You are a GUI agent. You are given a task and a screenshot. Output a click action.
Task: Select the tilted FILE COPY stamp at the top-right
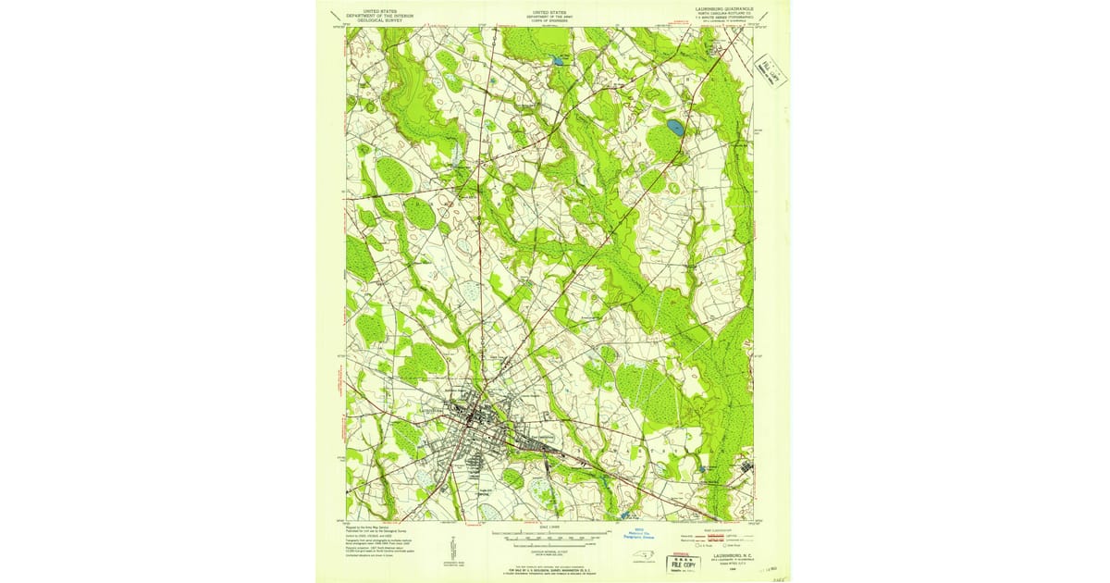tap(770, 68)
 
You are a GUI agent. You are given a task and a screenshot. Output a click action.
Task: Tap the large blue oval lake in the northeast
tap(675, 126)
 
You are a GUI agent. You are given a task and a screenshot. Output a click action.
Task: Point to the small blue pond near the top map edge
tap(559, 60)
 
